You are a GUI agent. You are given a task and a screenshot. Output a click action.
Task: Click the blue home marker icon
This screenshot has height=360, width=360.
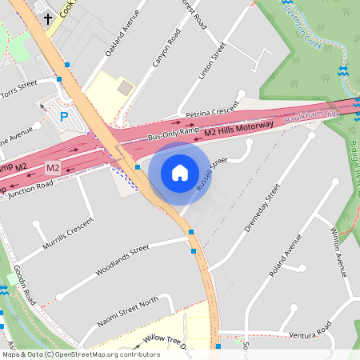tap(179, 173)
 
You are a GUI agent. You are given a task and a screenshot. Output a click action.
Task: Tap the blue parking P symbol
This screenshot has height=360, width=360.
tap(64, 117)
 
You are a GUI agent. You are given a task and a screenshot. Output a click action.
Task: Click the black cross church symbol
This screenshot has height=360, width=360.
tap(47, 18)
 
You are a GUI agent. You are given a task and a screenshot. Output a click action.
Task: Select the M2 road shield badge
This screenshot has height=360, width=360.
tap(53, 168)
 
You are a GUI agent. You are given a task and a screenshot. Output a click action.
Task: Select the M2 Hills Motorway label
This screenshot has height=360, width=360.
tap(238, 128)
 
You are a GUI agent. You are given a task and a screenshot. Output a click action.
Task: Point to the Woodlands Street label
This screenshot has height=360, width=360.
tap(122, 259)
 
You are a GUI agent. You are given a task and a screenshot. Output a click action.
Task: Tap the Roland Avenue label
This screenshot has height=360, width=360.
tap(286, 256)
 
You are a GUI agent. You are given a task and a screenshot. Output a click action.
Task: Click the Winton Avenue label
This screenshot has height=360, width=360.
tap(338, 250)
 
